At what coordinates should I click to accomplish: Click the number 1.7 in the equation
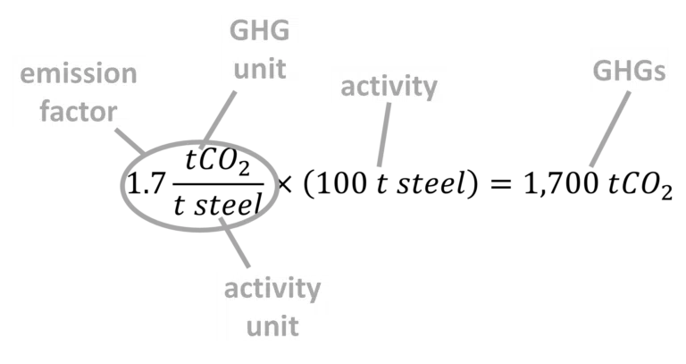coord(146,183)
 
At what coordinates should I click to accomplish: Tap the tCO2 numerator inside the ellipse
coord(217,162)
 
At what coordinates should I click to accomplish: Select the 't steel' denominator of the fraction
coord(218,205)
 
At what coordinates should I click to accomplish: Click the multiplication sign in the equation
coord(284,185)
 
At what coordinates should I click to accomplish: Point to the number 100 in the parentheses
coord(342,183)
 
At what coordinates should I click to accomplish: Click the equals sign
coord(500,184)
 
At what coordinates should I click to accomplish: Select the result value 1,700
coord(560,184)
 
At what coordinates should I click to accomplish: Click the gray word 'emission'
coord(79,73)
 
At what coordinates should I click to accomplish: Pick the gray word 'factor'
coord(79,111)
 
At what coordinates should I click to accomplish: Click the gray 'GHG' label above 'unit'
coord(259,30)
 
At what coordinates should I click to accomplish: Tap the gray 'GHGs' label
coord(629,71)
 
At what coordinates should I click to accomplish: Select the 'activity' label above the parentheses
coord(389,88)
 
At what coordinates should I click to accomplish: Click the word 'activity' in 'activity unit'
coord(272,290)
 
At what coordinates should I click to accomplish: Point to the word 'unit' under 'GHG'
coord(260,69)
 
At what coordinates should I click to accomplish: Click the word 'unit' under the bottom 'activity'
coord(272,326)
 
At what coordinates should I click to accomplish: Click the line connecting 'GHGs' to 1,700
coord(610,129)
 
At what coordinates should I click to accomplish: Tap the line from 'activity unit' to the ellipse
coord(235,242)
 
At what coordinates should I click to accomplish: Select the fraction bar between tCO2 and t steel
coord(218,184)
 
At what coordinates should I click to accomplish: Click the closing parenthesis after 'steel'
coord(472,184)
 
